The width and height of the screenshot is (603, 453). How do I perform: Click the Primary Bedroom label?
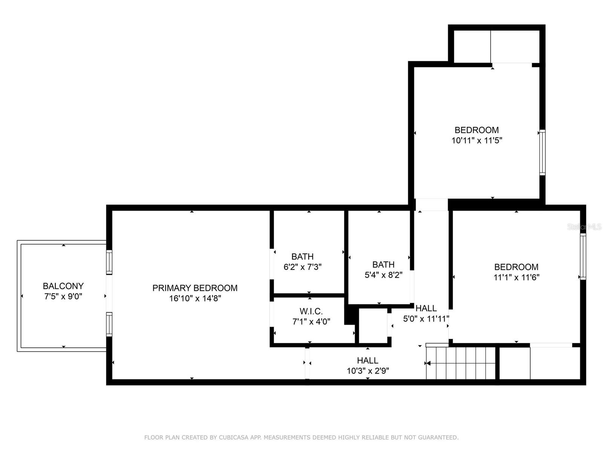pos(195,288)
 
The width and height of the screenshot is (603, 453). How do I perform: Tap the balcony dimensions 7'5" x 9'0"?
pos(63,297)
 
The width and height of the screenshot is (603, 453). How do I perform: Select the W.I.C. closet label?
pos(311,311)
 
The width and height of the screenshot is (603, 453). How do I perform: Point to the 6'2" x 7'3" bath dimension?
pos(302,267)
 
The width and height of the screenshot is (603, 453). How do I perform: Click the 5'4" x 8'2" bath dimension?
pos(383,275)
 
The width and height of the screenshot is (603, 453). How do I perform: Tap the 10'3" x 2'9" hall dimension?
pos(368,371)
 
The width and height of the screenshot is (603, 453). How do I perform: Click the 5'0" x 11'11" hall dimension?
pos(426,319)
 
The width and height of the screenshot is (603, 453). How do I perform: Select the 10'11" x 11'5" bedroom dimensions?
pos(477,141)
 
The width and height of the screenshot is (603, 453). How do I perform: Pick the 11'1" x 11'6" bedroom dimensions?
pos(516,277)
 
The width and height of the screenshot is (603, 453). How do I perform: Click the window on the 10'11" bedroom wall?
pos(542,152)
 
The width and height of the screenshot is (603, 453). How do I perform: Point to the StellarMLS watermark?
pos(584,227)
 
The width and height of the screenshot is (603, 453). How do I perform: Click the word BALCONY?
pos(63,286)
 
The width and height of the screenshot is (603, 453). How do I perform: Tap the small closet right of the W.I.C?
pos(373,326)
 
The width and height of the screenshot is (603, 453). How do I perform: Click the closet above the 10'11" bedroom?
pos(496,46)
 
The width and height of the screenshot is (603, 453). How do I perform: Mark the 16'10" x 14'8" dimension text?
pos(195,299)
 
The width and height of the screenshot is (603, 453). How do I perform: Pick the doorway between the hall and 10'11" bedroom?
pos(432,205)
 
